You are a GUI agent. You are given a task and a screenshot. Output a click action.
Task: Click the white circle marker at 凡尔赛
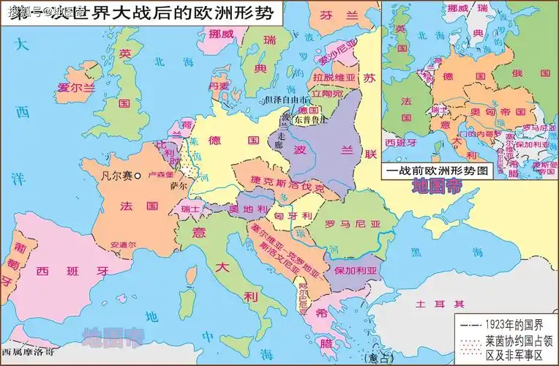138,176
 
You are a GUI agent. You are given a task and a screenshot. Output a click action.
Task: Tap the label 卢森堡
160,176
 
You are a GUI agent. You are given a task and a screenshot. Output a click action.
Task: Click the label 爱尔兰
77,87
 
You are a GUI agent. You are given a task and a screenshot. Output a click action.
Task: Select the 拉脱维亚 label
332,76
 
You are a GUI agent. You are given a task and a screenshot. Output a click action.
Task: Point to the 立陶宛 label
327,94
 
